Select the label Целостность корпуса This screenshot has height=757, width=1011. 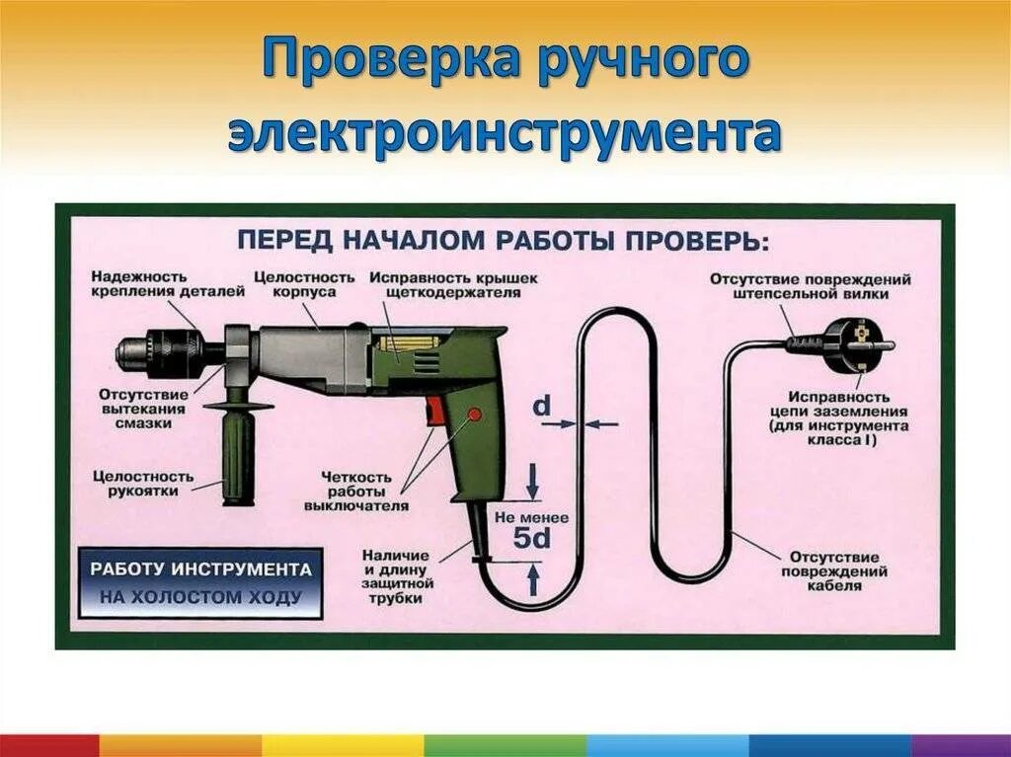tap(303, 284)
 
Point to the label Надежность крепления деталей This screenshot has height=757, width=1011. tap(153, 284)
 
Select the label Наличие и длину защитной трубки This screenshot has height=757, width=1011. tap(397, 576)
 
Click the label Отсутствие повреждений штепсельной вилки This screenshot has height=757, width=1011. tap(810, 285)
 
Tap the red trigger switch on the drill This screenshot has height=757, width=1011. tap(435, 412)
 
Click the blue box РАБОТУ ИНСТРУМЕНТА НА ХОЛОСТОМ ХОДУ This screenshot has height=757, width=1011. tap(200, 583)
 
